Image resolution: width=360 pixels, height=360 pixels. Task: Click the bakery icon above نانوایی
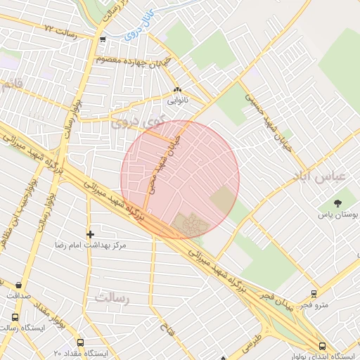click(x=176, y=91)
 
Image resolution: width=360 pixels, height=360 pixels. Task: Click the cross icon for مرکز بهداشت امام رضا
click(x=90, y=234)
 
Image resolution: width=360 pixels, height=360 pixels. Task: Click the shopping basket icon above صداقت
click(x=18, y=285)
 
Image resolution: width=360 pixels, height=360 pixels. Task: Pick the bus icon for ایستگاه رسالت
click(x=14, y=317)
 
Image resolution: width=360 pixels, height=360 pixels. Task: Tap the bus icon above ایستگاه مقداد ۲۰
click(x=81, y=342)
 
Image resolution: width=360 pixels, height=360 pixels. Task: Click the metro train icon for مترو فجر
click(x=314, y=295)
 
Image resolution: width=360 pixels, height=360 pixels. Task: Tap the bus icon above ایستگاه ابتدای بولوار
click(x=322, y=346)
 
